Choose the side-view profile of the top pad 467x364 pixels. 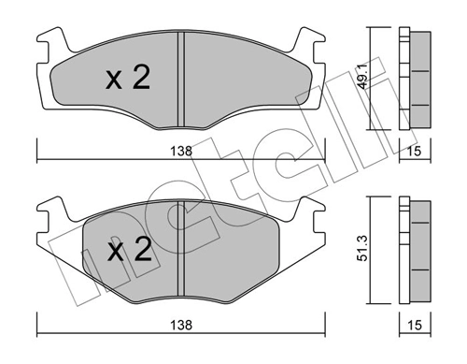(x=412, y=80)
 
